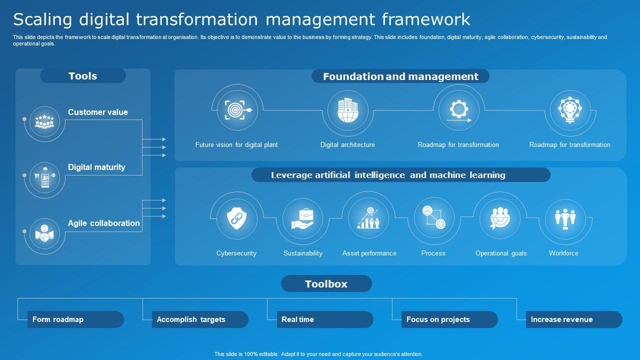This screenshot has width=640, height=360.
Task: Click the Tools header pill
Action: click(x=83, y=76)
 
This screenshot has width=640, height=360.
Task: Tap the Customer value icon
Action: click(x=44, y=121)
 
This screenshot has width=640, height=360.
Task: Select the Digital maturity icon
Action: click(x=44, y=176)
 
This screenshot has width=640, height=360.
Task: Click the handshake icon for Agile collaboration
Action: click(x=44, y=233)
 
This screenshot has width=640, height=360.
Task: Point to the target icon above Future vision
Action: click(x=237, y=110)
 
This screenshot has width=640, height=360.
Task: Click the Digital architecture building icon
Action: click(x=347, y=110)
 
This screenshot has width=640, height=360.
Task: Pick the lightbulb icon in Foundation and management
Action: click(x=569, y=110)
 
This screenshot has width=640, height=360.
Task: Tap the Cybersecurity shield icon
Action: click(x=236, y=219)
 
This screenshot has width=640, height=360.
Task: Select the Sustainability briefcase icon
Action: click(x=303, y=219)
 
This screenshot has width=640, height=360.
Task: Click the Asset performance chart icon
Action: click(x=368, y=219)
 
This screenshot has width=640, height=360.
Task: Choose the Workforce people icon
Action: click(x=565, y=219)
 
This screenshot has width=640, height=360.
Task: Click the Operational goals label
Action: click(x=501, y=253)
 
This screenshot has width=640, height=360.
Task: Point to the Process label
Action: click(x=433, y=253)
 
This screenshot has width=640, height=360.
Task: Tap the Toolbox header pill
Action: click(x=326, y=283)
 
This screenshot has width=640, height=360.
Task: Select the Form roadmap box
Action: click(x=75, y=319)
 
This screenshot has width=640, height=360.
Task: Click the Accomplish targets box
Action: click(x=199, y=319)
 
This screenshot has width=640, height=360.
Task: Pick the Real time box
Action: click(x=324, y=319)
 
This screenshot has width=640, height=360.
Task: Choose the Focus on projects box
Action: click(x=449, y=319)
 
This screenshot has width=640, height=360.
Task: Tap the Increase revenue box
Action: click(x=573, y=319)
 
